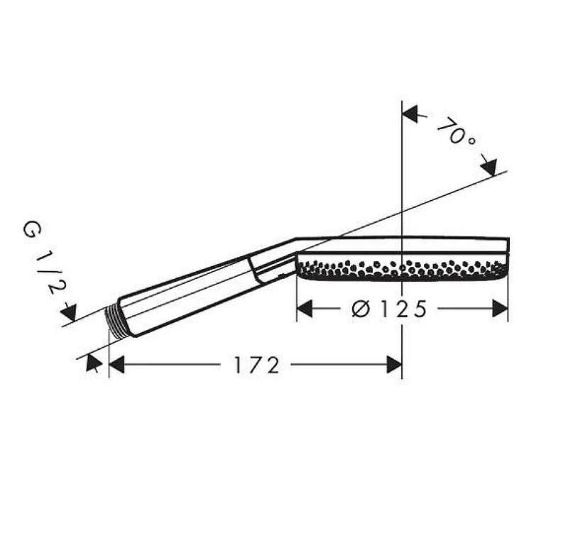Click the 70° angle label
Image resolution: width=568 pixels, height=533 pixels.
456,132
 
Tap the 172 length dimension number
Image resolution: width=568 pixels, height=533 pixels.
257,366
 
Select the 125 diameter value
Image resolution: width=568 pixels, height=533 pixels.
403,309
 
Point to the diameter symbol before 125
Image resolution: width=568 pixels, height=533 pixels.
361,309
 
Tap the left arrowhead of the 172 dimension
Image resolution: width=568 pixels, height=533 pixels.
116,364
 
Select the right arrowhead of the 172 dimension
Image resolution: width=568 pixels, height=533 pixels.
394,364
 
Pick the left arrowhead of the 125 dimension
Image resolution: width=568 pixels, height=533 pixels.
305,309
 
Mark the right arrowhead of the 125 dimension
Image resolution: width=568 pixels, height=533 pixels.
500,309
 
